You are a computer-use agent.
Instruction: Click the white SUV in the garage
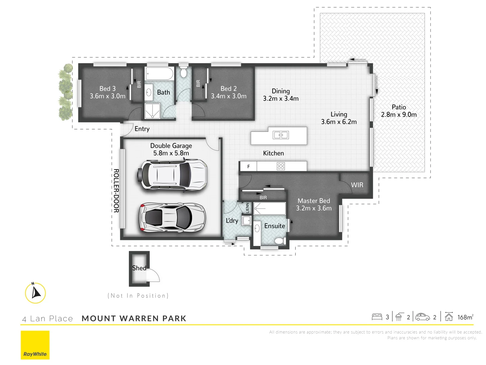172,175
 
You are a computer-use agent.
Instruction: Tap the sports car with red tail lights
172,217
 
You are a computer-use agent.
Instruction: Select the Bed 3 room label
107,89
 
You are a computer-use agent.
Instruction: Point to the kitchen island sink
281,135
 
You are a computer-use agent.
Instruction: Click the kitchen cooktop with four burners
281,166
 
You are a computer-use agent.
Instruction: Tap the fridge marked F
248,166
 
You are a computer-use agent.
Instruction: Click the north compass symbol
35,293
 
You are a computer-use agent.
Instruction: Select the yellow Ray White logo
35,345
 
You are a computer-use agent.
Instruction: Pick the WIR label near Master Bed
357,185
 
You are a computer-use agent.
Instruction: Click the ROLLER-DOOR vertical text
116,191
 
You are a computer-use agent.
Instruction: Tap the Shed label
139,268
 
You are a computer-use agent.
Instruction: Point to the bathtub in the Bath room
159,73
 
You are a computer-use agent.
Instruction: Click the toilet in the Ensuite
279,241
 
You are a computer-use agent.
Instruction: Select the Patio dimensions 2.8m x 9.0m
399,115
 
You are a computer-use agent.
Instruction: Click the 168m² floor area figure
465,317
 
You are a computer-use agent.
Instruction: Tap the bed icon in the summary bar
377,317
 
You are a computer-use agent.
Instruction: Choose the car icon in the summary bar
423,317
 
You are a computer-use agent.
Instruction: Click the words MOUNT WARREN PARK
134,318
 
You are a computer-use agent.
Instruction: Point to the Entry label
142,129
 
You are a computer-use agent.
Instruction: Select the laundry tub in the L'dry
247,220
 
